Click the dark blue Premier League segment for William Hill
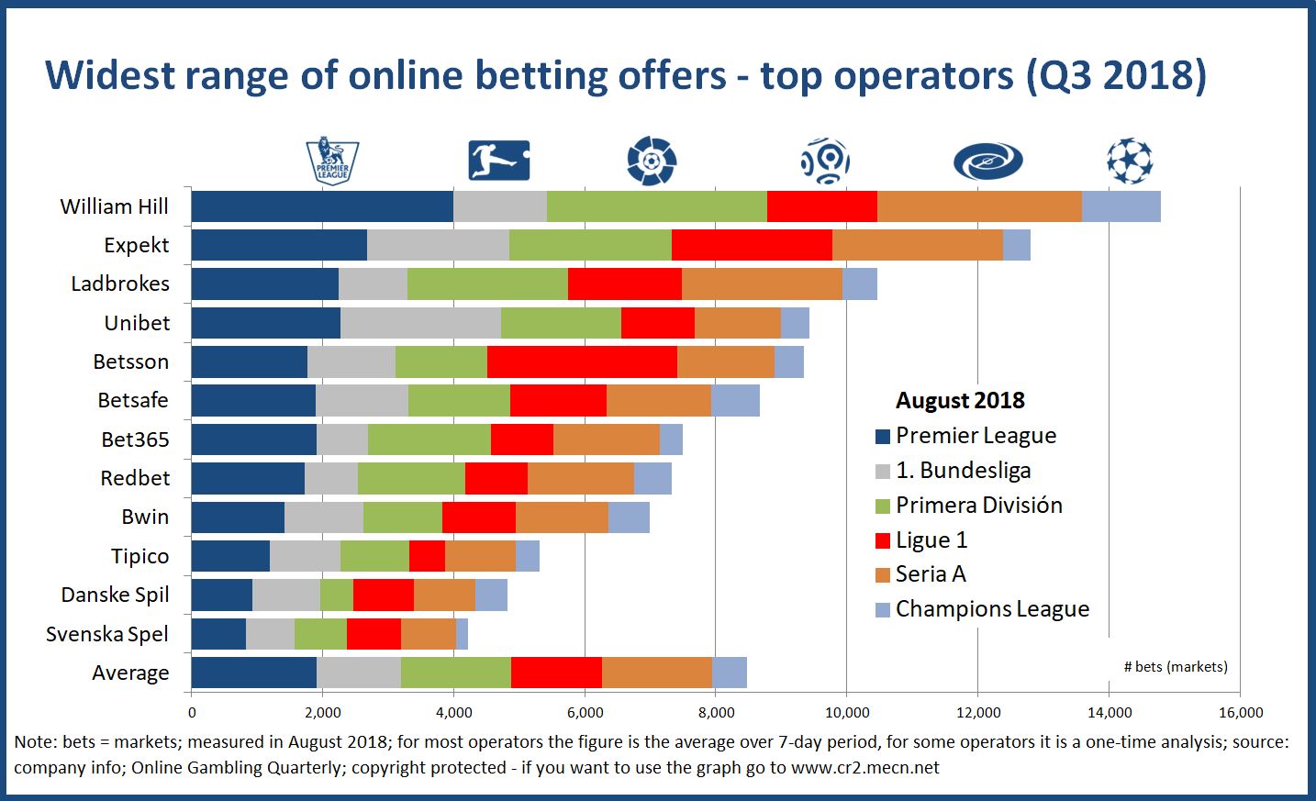click(321, 206)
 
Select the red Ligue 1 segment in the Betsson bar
click(582, 362)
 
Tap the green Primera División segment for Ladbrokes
click(487, 284)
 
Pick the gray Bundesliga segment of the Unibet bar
click(420, 323)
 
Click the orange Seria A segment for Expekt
click(917, 245)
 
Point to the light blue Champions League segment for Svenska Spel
click(462, 634)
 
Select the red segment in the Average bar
click(556, 673)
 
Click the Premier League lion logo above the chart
click(331, 161)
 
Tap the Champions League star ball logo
click(1129, 161)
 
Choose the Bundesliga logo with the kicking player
click(498, 161)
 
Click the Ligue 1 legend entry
click(931, 540)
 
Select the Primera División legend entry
click(978, 506)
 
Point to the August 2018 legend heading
click(960, 401)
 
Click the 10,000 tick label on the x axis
click(847, 713)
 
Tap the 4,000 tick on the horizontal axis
click(453, 713)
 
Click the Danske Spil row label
click(115, 595)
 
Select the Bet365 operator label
click(135, 439)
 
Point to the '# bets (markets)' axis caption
click(1176, 667)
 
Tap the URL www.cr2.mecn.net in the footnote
click(864, 768)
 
